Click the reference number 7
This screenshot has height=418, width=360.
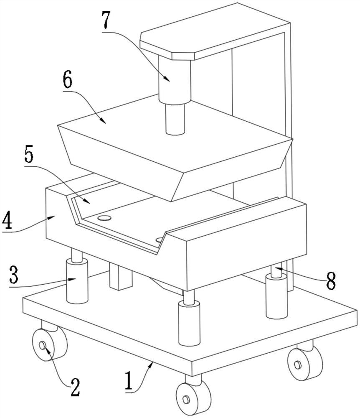[106, 20]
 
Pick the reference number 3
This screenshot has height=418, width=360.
[14, 275]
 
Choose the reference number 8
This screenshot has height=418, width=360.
[331, 281]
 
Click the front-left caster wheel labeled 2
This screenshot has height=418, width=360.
[50, 345]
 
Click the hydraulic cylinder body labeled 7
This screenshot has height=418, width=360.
[175, 79]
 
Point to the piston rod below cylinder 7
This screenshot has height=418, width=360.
[175, 119]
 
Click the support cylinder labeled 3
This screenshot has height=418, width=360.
[77, 281]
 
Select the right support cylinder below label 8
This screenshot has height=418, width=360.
[276, 296]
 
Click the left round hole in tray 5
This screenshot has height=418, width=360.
[104, 218]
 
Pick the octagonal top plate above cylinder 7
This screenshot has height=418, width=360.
[215, 31]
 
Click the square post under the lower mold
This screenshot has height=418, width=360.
[121, 277]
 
